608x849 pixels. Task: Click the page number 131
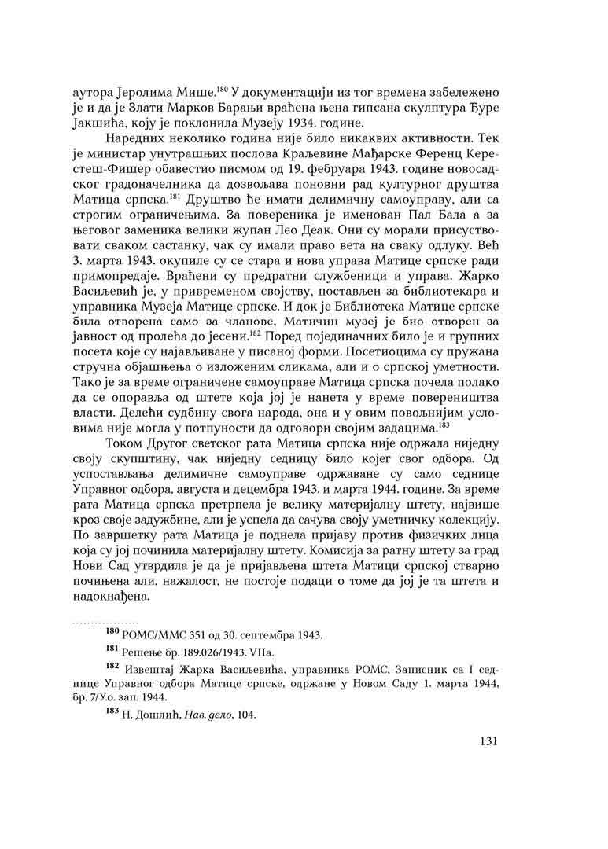(x=491, y=742)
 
